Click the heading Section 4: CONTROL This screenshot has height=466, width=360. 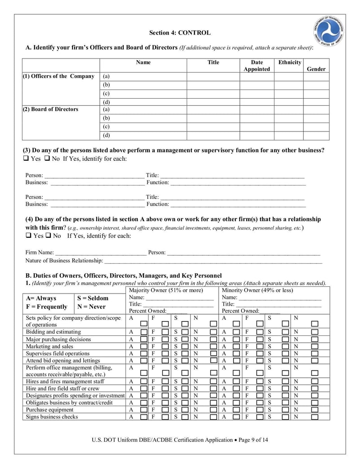[180, 33]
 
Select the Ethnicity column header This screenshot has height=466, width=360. [290, 63]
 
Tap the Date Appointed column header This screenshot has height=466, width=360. [256, 66]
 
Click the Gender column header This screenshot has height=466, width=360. [316, 69]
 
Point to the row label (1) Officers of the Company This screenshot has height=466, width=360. [58, 77]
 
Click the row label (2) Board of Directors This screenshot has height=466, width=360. [50, 109]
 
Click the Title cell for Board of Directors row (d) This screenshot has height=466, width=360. [213, 136]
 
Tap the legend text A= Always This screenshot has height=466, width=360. [41, 298]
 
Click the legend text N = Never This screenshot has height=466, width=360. [92, 307]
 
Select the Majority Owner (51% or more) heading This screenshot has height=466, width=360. [166, 290]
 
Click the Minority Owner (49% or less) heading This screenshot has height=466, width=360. [257, 290]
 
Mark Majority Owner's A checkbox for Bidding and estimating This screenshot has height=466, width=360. [144, 332]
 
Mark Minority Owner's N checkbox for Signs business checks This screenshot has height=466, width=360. [315, 417]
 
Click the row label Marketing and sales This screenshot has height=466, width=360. [49, 347]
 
